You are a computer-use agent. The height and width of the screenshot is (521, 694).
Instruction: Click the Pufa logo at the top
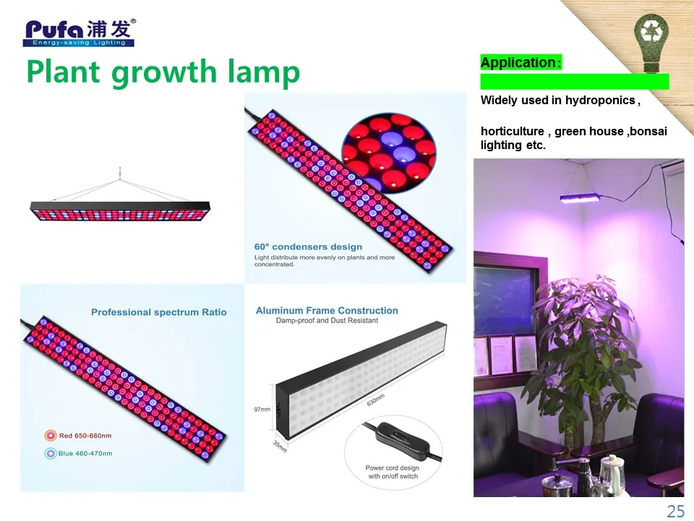pos(80,32)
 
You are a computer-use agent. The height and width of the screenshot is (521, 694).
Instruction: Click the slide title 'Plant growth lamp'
pos(163,72)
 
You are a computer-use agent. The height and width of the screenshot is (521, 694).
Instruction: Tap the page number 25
pos(675,512)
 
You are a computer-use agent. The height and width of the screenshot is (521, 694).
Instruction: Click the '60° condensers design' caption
pos(308,247)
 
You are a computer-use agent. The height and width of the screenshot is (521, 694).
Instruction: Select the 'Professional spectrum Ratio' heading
pos(159,313)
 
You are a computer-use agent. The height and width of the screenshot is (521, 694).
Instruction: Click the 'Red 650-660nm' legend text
pos(85,436)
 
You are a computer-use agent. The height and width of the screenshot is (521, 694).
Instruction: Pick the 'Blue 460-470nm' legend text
pos(85,454)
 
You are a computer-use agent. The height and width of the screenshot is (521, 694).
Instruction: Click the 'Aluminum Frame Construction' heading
pos(327,310)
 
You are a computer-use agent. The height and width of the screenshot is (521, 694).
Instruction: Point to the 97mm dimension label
pos(261,410)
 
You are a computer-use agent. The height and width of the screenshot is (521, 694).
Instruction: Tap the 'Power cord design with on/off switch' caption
pos(391,472)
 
